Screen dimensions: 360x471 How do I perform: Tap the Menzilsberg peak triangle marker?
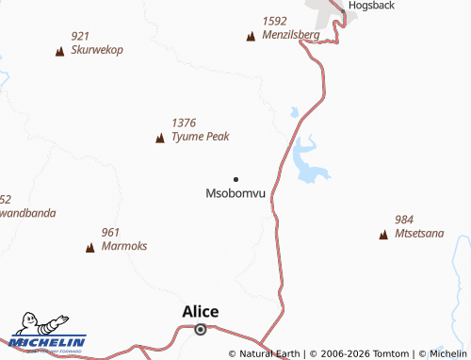[251, 37]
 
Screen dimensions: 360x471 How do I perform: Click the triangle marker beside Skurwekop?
[60, 51]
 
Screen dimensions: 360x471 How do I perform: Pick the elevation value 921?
[80, 36]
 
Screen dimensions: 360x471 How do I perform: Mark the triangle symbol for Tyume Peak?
[160, 139]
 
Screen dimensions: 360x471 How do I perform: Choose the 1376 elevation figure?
[184, 123]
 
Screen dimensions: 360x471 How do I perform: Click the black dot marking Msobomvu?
[235, 179]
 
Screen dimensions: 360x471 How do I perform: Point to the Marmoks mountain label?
[124, 246]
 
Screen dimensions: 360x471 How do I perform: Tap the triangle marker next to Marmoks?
[90, 248]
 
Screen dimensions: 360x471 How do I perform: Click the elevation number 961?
[110, 232]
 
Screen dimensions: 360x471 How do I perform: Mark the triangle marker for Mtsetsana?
[383, 235]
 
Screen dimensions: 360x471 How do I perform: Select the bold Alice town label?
[201, 312]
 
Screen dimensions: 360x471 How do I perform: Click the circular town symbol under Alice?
[201, 329]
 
